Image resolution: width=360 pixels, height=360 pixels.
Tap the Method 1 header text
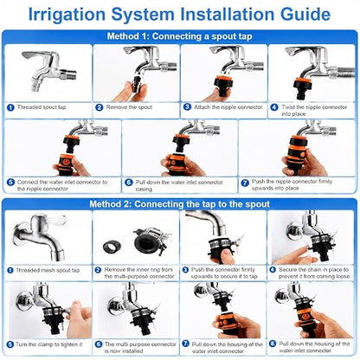tap(179, 36)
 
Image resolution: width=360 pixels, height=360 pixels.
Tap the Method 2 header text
tap(179, 204)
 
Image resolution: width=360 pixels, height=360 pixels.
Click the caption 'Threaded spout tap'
tap(42, 107)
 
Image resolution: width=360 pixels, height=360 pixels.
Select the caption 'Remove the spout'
tap(129, 107)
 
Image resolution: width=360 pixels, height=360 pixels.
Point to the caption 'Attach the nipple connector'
tap(228, 107)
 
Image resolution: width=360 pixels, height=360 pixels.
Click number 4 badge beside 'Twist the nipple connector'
tap(274, 107)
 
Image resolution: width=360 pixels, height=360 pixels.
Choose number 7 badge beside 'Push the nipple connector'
tap(245, 183)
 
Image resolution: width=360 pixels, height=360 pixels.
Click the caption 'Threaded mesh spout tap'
tap(48, 270)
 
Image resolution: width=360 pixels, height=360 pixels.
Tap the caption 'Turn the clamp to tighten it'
tap(48, 344)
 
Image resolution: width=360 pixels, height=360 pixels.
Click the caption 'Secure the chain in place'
tap(314, 273)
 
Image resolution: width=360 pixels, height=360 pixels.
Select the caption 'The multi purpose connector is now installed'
tap(140, 348)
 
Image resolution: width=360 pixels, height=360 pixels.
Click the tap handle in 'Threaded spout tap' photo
tap(37, 55)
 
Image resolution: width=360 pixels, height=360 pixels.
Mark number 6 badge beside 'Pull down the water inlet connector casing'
tap(128, 183)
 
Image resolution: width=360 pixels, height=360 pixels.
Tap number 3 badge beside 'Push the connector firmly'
tap(185, 270)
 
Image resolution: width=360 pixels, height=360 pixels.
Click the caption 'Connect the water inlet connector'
tap(62, 185)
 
